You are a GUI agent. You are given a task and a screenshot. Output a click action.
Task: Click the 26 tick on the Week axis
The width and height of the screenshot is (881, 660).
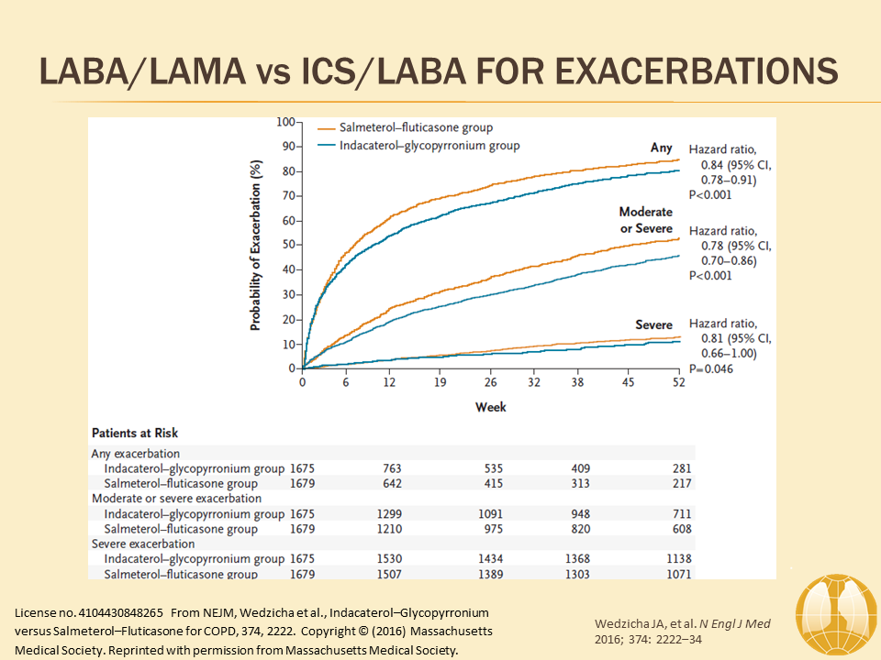490,384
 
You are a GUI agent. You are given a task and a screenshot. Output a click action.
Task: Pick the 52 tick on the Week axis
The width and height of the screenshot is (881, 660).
678,384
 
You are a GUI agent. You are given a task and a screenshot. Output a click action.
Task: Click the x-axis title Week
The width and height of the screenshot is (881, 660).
490,406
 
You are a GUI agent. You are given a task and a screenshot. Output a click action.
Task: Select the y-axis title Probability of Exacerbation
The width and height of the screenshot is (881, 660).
258,245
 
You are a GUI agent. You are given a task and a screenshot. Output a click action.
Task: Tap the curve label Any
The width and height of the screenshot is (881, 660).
662,148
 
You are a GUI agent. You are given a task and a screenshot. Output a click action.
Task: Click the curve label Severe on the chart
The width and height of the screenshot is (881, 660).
653,324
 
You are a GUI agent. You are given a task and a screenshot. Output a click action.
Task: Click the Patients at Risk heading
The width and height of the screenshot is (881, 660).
134,433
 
